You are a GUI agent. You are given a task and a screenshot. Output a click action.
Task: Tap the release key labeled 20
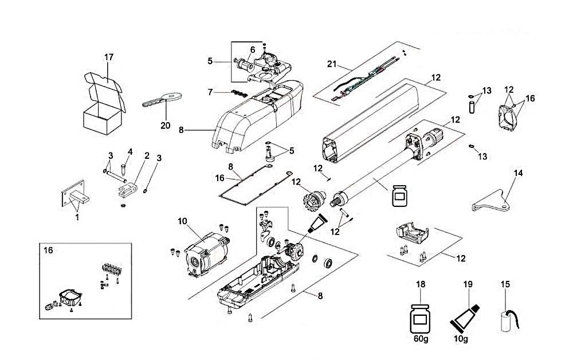161,99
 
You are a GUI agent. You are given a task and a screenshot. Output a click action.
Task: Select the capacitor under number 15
508,320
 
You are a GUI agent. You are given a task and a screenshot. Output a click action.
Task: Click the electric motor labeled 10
207,254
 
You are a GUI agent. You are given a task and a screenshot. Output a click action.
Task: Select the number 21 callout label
332,64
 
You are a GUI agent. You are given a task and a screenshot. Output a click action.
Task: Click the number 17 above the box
108,57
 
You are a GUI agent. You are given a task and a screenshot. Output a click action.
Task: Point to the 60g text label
421,339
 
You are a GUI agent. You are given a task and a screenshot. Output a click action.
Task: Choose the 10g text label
461,339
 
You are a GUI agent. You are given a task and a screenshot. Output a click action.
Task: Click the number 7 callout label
210,92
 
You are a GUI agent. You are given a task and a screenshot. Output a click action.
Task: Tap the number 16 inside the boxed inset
48,251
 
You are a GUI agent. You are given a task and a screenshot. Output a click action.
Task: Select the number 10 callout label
182,221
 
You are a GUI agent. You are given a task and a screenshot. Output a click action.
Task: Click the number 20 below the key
166,126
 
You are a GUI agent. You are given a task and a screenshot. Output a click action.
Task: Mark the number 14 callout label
518,173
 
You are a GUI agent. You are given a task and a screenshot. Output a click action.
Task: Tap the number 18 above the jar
421,284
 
